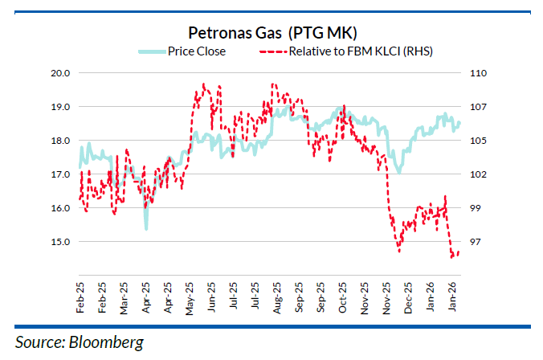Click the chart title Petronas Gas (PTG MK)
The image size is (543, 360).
pyautogui.click(x=271, y=33)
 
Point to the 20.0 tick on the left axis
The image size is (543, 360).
pyautogui.click(x=62, y=73)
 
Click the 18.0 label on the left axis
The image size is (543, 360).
pyautogui.click(x=62, y=141)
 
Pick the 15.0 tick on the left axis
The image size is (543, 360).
pyautogui.click(x=62, y=242)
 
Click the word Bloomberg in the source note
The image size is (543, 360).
pyautogui.click(x=108, y=342)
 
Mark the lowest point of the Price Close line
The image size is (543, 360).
pyautogui.click(x=146, y=229)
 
